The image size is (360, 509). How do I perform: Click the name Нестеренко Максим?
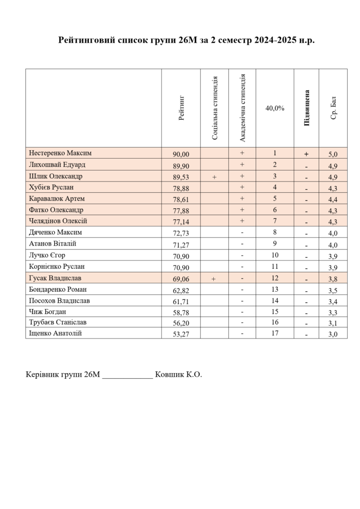60,153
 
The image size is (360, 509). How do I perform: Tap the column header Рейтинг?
181,108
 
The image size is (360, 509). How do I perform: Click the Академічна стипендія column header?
243,108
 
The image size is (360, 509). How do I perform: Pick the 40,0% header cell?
275,108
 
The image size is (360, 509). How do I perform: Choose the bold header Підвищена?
307,108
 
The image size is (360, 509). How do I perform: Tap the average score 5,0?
333,154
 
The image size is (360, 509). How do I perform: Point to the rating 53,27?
181,334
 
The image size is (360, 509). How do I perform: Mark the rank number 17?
275,333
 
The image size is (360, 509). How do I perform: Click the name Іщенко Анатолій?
55,333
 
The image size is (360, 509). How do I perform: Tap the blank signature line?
127,376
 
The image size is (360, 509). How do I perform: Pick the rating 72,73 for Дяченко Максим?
181,233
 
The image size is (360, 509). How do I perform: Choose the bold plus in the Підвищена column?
306,154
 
